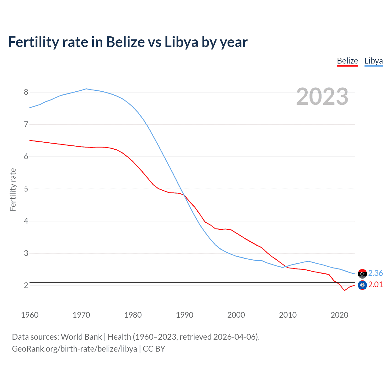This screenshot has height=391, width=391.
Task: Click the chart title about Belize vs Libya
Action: coord(128,42)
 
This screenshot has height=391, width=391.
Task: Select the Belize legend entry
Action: coord(347,61)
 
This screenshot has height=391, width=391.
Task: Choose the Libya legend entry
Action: coord(374,61)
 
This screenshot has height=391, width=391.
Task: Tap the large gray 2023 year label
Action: coord(322,97)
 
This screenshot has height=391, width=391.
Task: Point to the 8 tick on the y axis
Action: coord(26,92)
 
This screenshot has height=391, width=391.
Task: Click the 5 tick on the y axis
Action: coord(26,189)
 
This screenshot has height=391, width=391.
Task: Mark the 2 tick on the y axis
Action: coord(26,285)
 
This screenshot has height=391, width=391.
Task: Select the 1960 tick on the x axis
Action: coord(30,315)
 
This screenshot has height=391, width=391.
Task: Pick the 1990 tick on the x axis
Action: coord(185,315)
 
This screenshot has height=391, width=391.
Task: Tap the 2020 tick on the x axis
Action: coord(339,315)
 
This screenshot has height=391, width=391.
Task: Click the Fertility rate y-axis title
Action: coord(13,189)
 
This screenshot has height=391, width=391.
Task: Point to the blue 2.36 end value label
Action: coord(375,273)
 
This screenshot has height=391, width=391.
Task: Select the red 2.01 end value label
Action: coord(375,284)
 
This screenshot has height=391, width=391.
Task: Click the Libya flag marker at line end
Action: coord(362,274)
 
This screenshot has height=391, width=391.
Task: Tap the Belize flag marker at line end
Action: coord(362,285)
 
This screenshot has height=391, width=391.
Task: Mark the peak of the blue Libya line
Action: coord(86,89)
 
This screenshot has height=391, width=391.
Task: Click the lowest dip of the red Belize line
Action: coord(344,290)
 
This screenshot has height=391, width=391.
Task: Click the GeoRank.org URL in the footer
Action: coord(75,349)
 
